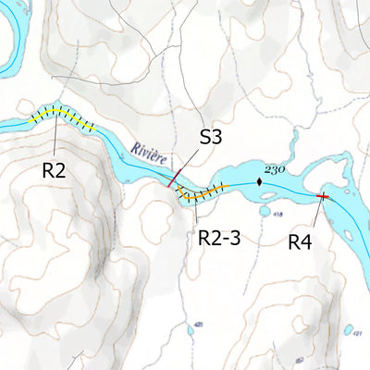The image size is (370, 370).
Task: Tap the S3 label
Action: point(212,138)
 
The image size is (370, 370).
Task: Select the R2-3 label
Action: point(219,238)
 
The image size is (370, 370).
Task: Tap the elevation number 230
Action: point(274,169)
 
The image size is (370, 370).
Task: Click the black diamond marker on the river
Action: point(260,182)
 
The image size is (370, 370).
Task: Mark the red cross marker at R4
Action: point(323,197)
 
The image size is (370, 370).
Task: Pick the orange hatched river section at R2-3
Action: point(203,193)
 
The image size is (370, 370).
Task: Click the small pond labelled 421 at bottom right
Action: point(350,329)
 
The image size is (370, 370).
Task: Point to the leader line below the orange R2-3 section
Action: point(198,213)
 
